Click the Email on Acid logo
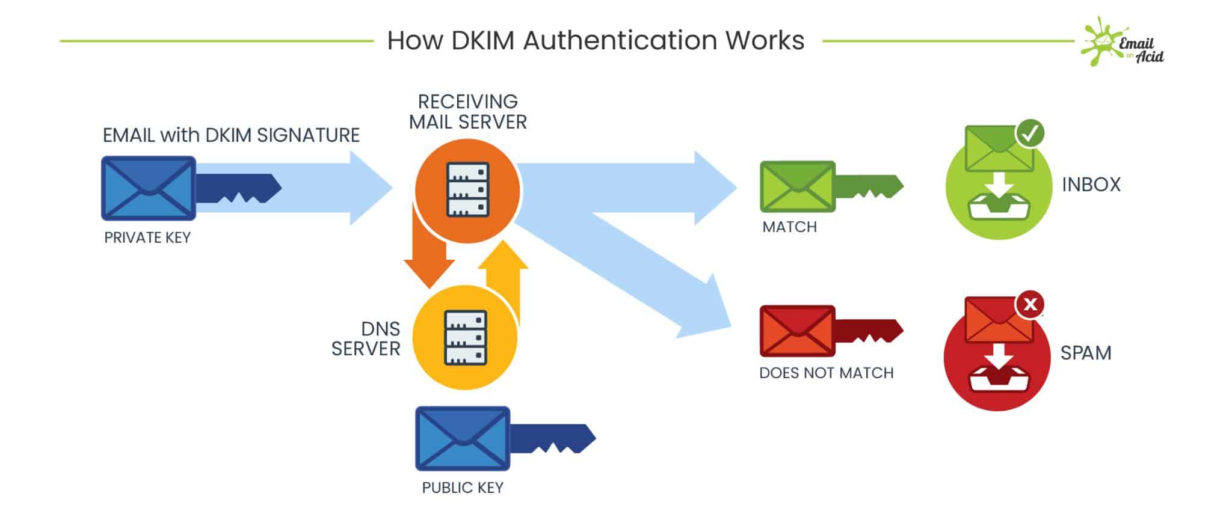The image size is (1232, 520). [x=1123, y=42]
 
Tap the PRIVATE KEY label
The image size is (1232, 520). [x=147, y=238]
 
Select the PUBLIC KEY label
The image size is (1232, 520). [x=463, y=488]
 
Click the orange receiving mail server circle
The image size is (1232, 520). [x=468, y=191]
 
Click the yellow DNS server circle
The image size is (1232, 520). [x=465, y=338]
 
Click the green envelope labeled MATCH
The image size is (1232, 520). [x=797, y=186]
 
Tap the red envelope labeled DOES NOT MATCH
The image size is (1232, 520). [x=797, y=331]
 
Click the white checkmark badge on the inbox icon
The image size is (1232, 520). [x=1030, y=133]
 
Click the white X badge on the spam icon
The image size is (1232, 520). [x=1030, y=304]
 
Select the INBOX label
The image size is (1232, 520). [x=1091, y=185]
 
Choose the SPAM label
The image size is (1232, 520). [x=1086, y=353]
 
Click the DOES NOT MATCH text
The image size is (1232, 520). [x=826, y=373]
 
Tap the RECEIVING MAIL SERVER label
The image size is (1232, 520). [x=468, y=112]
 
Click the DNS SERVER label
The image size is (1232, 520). [x=366, y=339]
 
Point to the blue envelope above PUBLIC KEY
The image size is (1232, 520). [x=463, y=439]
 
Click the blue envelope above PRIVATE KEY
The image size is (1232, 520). [x=148, y=188]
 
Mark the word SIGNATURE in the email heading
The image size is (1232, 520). [x=308, y=135]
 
